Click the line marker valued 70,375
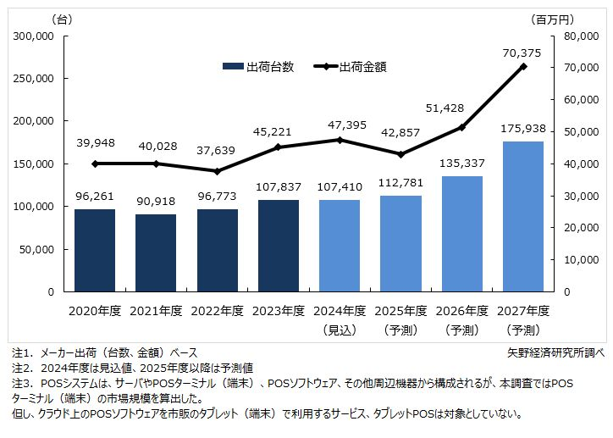[x=523, y=66]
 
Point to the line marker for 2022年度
[x=218, y=171]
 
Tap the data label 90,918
[x=156, y=203]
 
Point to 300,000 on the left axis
[x=35, y=36]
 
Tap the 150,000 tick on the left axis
[x=35, y=164]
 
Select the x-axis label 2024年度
[x=340, y=311]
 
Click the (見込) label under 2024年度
[x=340, y=329]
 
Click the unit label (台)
[x=63, y=18]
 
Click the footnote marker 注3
[x=21, y=383]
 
